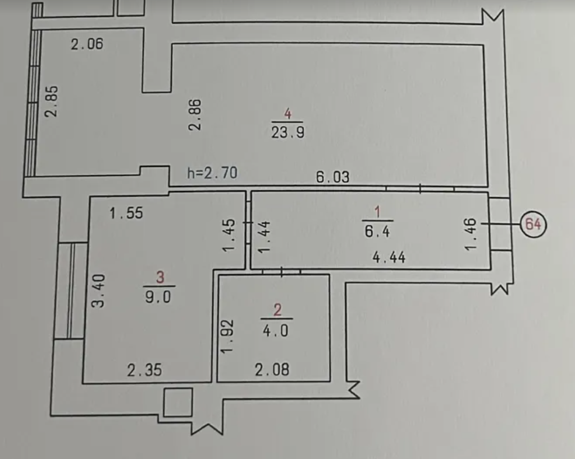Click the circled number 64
533,224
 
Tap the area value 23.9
288,132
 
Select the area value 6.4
377,231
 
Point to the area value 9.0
158,297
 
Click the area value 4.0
276,331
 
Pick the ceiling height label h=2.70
212,173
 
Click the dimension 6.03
332,177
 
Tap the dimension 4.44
389,257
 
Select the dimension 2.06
87,44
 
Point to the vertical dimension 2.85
51,101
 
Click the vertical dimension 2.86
195,115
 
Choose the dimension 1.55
126,213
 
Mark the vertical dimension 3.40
98,290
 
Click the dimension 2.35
144,370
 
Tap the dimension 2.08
272,370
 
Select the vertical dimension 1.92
227,337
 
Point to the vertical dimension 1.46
471,234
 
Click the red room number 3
160,278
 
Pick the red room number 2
277,310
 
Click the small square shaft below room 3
178,402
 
